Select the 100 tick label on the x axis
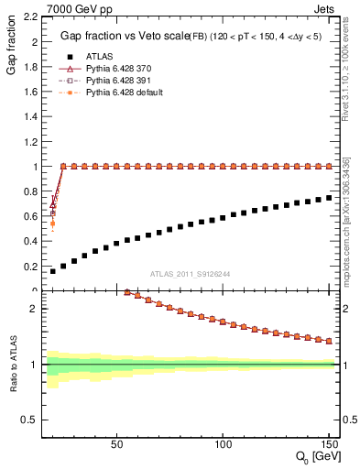[223, 443]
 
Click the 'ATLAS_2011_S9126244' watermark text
[191, 273]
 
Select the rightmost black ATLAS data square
[329, 198]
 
